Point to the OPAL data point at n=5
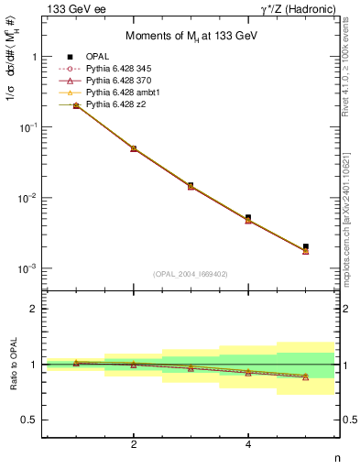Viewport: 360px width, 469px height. pyautogui.click(x=306, y=246)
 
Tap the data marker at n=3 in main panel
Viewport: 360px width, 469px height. pyautogui.click(x=191, y=186)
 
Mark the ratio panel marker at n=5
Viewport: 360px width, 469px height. pyautogui.click(x=306, y=376)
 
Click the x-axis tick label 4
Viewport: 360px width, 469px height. pyautogui.click(x=248, y=445)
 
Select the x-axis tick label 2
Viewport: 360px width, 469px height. pyautogui.click(x=134, y=445)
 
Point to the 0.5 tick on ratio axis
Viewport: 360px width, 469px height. pyautogui.click(x=31, y=420)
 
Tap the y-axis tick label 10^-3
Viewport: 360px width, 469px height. pyautogui.click(x=27, y=268)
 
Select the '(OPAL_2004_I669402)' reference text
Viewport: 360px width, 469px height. pyautogui.click(x=191, y=273)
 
